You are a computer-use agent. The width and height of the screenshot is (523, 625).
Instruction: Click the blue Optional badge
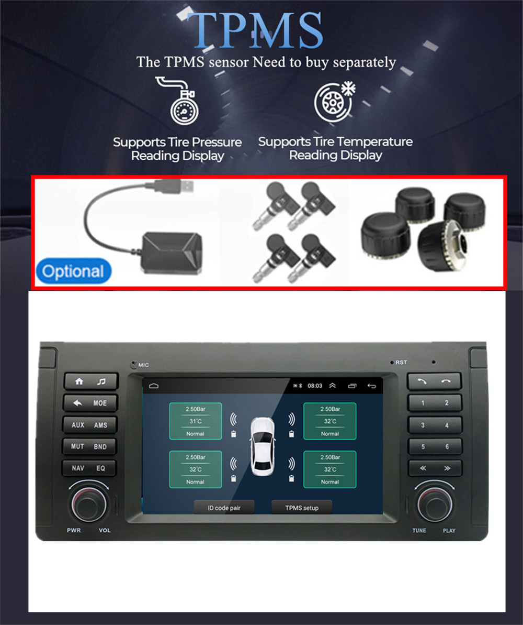74,271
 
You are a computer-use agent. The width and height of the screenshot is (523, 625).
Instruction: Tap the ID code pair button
224,508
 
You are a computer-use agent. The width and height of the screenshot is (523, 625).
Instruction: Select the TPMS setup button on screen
302,508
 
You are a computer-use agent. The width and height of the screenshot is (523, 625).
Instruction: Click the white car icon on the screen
263,446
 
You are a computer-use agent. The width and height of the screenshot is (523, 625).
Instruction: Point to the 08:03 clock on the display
315,386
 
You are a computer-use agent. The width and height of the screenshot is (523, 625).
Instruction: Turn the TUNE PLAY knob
434,505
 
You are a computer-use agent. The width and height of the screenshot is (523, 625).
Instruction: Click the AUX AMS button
89,425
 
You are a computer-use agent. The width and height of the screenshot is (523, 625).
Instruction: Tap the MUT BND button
89,446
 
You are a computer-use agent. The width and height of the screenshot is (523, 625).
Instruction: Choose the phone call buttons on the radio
434,381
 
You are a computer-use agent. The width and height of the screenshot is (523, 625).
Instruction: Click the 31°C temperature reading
196,421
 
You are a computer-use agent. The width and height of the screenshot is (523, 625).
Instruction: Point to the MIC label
144,365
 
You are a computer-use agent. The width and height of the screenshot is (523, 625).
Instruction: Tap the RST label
401,363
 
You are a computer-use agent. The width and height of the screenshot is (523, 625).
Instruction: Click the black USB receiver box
173,253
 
